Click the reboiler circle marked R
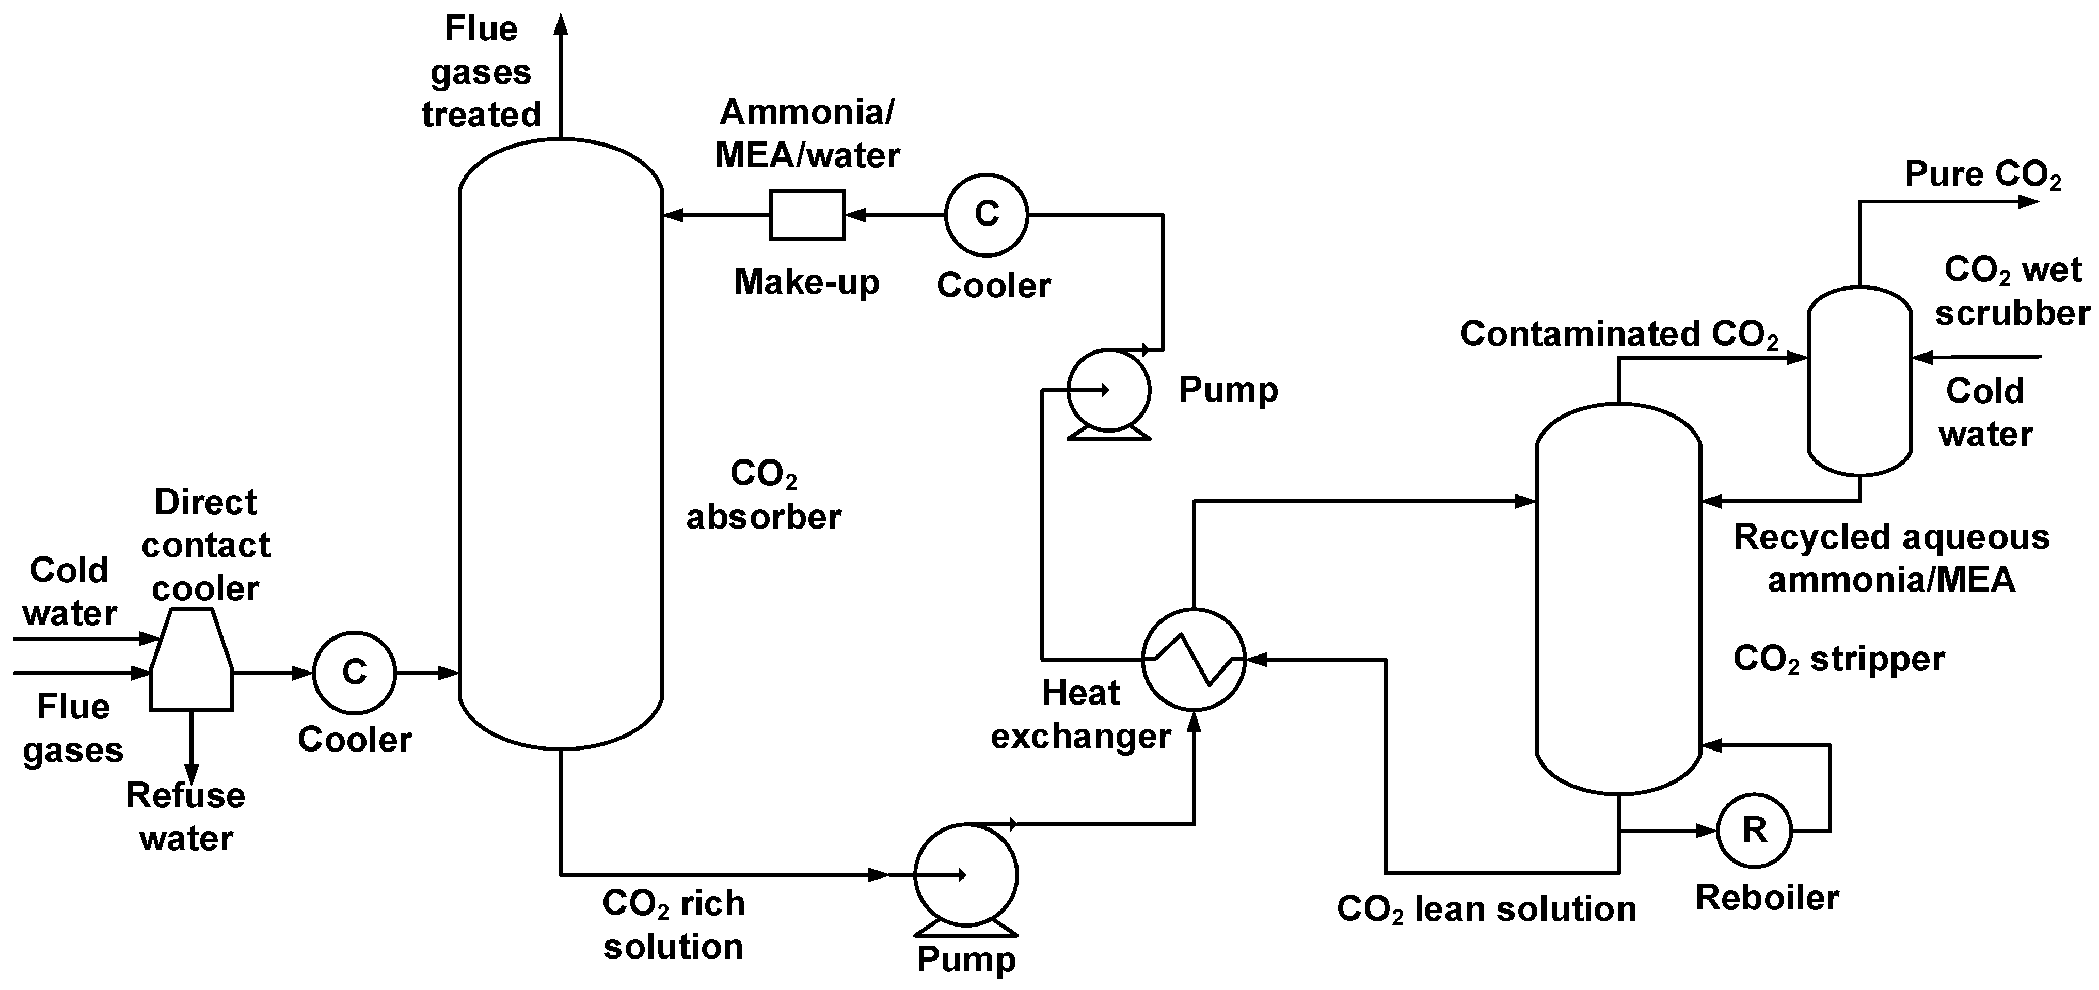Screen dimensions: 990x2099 [x=1754, y=831]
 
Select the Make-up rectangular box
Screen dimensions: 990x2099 [x=807, y=215]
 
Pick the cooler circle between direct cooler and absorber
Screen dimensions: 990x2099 [x=355, y=672]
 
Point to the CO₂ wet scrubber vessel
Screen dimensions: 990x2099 [x=1859, y=380]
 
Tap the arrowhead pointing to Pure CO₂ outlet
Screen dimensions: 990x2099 [x=2029, y=201]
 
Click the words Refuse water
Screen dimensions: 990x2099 [x=186, y=817]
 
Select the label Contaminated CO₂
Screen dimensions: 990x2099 [x=1618, y=334]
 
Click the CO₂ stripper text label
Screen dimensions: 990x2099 [x=1838, y=659]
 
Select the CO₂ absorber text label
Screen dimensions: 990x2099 [x=764, y=494]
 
